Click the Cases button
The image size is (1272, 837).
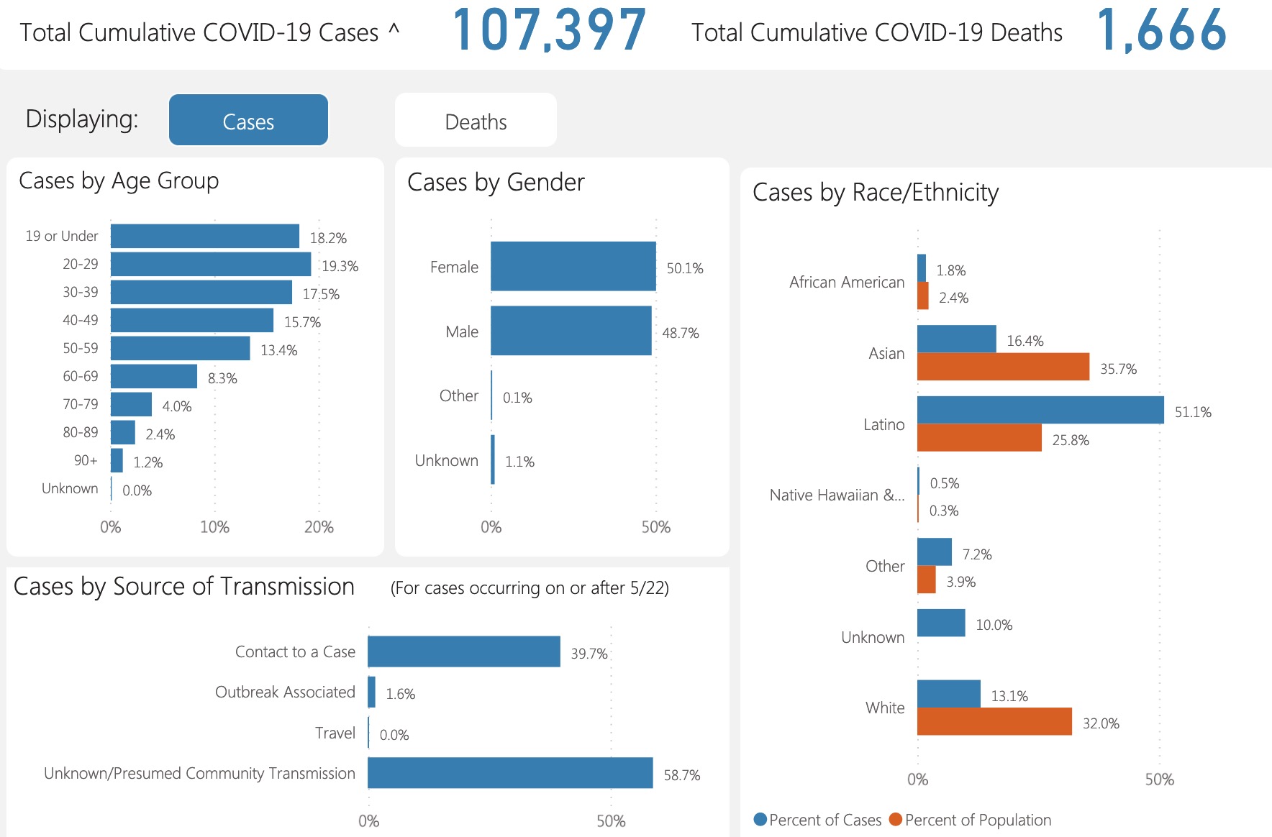(x=248, y=121)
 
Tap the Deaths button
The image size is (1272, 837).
(x=476, y=121)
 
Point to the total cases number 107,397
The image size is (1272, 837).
(x=550, y=30)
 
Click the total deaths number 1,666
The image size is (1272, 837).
(x=1161, y=30)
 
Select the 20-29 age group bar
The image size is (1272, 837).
(x=211, y=264)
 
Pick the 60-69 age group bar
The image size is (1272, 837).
(x=154, y=376)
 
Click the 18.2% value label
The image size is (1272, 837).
(x=328, y=238)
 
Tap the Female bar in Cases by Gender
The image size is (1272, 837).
(x=573, y=267)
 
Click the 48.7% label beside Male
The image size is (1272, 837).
(x=680, y=333)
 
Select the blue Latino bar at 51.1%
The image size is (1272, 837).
(x=1040, y=410)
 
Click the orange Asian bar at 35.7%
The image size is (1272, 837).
(x=1003, y=367)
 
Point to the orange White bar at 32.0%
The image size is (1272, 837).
(x=994, y=721)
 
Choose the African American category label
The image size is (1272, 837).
(x=846, y=283)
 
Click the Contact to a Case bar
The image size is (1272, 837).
(x=463, y=651)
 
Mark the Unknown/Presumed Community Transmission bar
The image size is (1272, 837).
(x=510, y=773)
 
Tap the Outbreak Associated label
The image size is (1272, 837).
(x=285, y=692)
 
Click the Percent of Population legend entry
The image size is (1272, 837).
(x=971, y=820)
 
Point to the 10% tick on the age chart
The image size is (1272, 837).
(x=214, y=527)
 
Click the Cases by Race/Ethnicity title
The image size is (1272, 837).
(x=875, y=193)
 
